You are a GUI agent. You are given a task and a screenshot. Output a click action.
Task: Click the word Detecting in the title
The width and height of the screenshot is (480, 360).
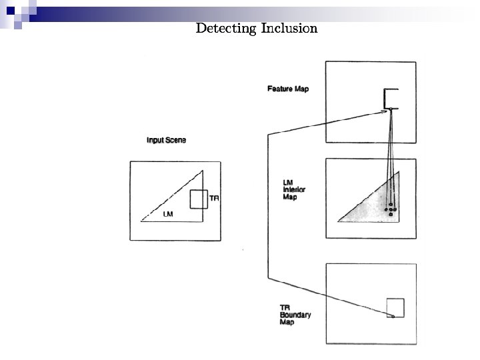pos(227,28)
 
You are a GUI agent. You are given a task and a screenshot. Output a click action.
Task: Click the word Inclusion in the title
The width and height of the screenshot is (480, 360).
pos(289,28)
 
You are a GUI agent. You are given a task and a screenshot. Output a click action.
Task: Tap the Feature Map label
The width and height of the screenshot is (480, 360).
pos(288,89)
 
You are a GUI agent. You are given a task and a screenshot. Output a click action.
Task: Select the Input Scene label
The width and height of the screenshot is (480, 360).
pos(166,140)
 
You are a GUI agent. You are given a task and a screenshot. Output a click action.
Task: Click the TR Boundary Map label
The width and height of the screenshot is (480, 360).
pos(294,315)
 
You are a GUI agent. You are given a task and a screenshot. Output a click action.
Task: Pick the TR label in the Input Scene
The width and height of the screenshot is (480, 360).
pos(214,198)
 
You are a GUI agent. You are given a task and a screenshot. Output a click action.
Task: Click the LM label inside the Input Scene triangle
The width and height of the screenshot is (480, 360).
pos(169,214)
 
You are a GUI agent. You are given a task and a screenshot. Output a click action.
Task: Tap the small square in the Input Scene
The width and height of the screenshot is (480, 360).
pos(199,199)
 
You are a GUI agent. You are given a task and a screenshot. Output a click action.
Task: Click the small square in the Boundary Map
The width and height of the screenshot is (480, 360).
pos(395,307)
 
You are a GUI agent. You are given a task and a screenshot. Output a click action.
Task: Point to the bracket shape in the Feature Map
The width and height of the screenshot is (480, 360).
pos(390,98)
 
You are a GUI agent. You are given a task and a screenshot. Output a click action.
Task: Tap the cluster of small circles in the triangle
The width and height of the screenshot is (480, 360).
pos(391,211)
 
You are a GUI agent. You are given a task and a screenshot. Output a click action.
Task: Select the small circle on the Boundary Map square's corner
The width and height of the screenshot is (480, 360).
pos(393,317)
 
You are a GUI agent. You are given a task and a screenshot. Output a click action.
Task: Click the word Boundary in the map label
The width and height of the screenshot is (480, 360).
pos(295,315)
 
